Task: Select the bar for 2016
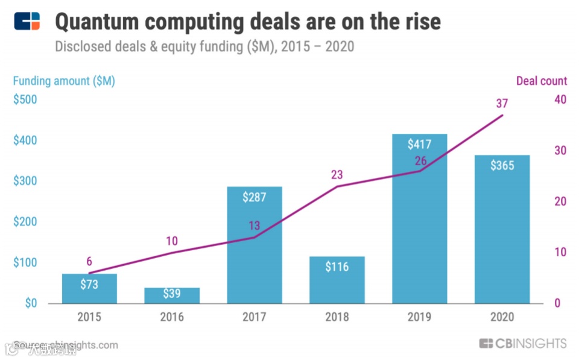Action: (x=172, y=295)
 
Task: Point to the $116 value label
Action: (x=337, y=267)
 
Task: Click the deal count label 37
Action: (x=502, y=103)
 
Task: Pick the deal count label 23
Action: (x=337, y=175)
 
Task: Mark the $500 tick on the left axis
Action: (x=25, y=99)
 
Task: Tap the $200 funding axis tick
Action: (x=25, y=222)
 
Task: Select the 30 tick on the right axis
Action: (x=560, y=151)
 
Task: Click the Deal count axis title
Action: (x=541, y=81)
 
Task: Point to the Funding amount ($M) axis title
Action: (x=64, y=81)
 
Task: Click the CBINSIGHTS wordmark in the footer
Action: (x=523, y=344)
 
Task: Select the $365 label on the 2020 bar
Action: (x=502, y=165)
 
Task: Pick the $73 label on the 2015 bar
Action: (x=89, y=284)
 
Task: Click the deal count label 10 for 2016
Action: (x=172, y=241)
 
